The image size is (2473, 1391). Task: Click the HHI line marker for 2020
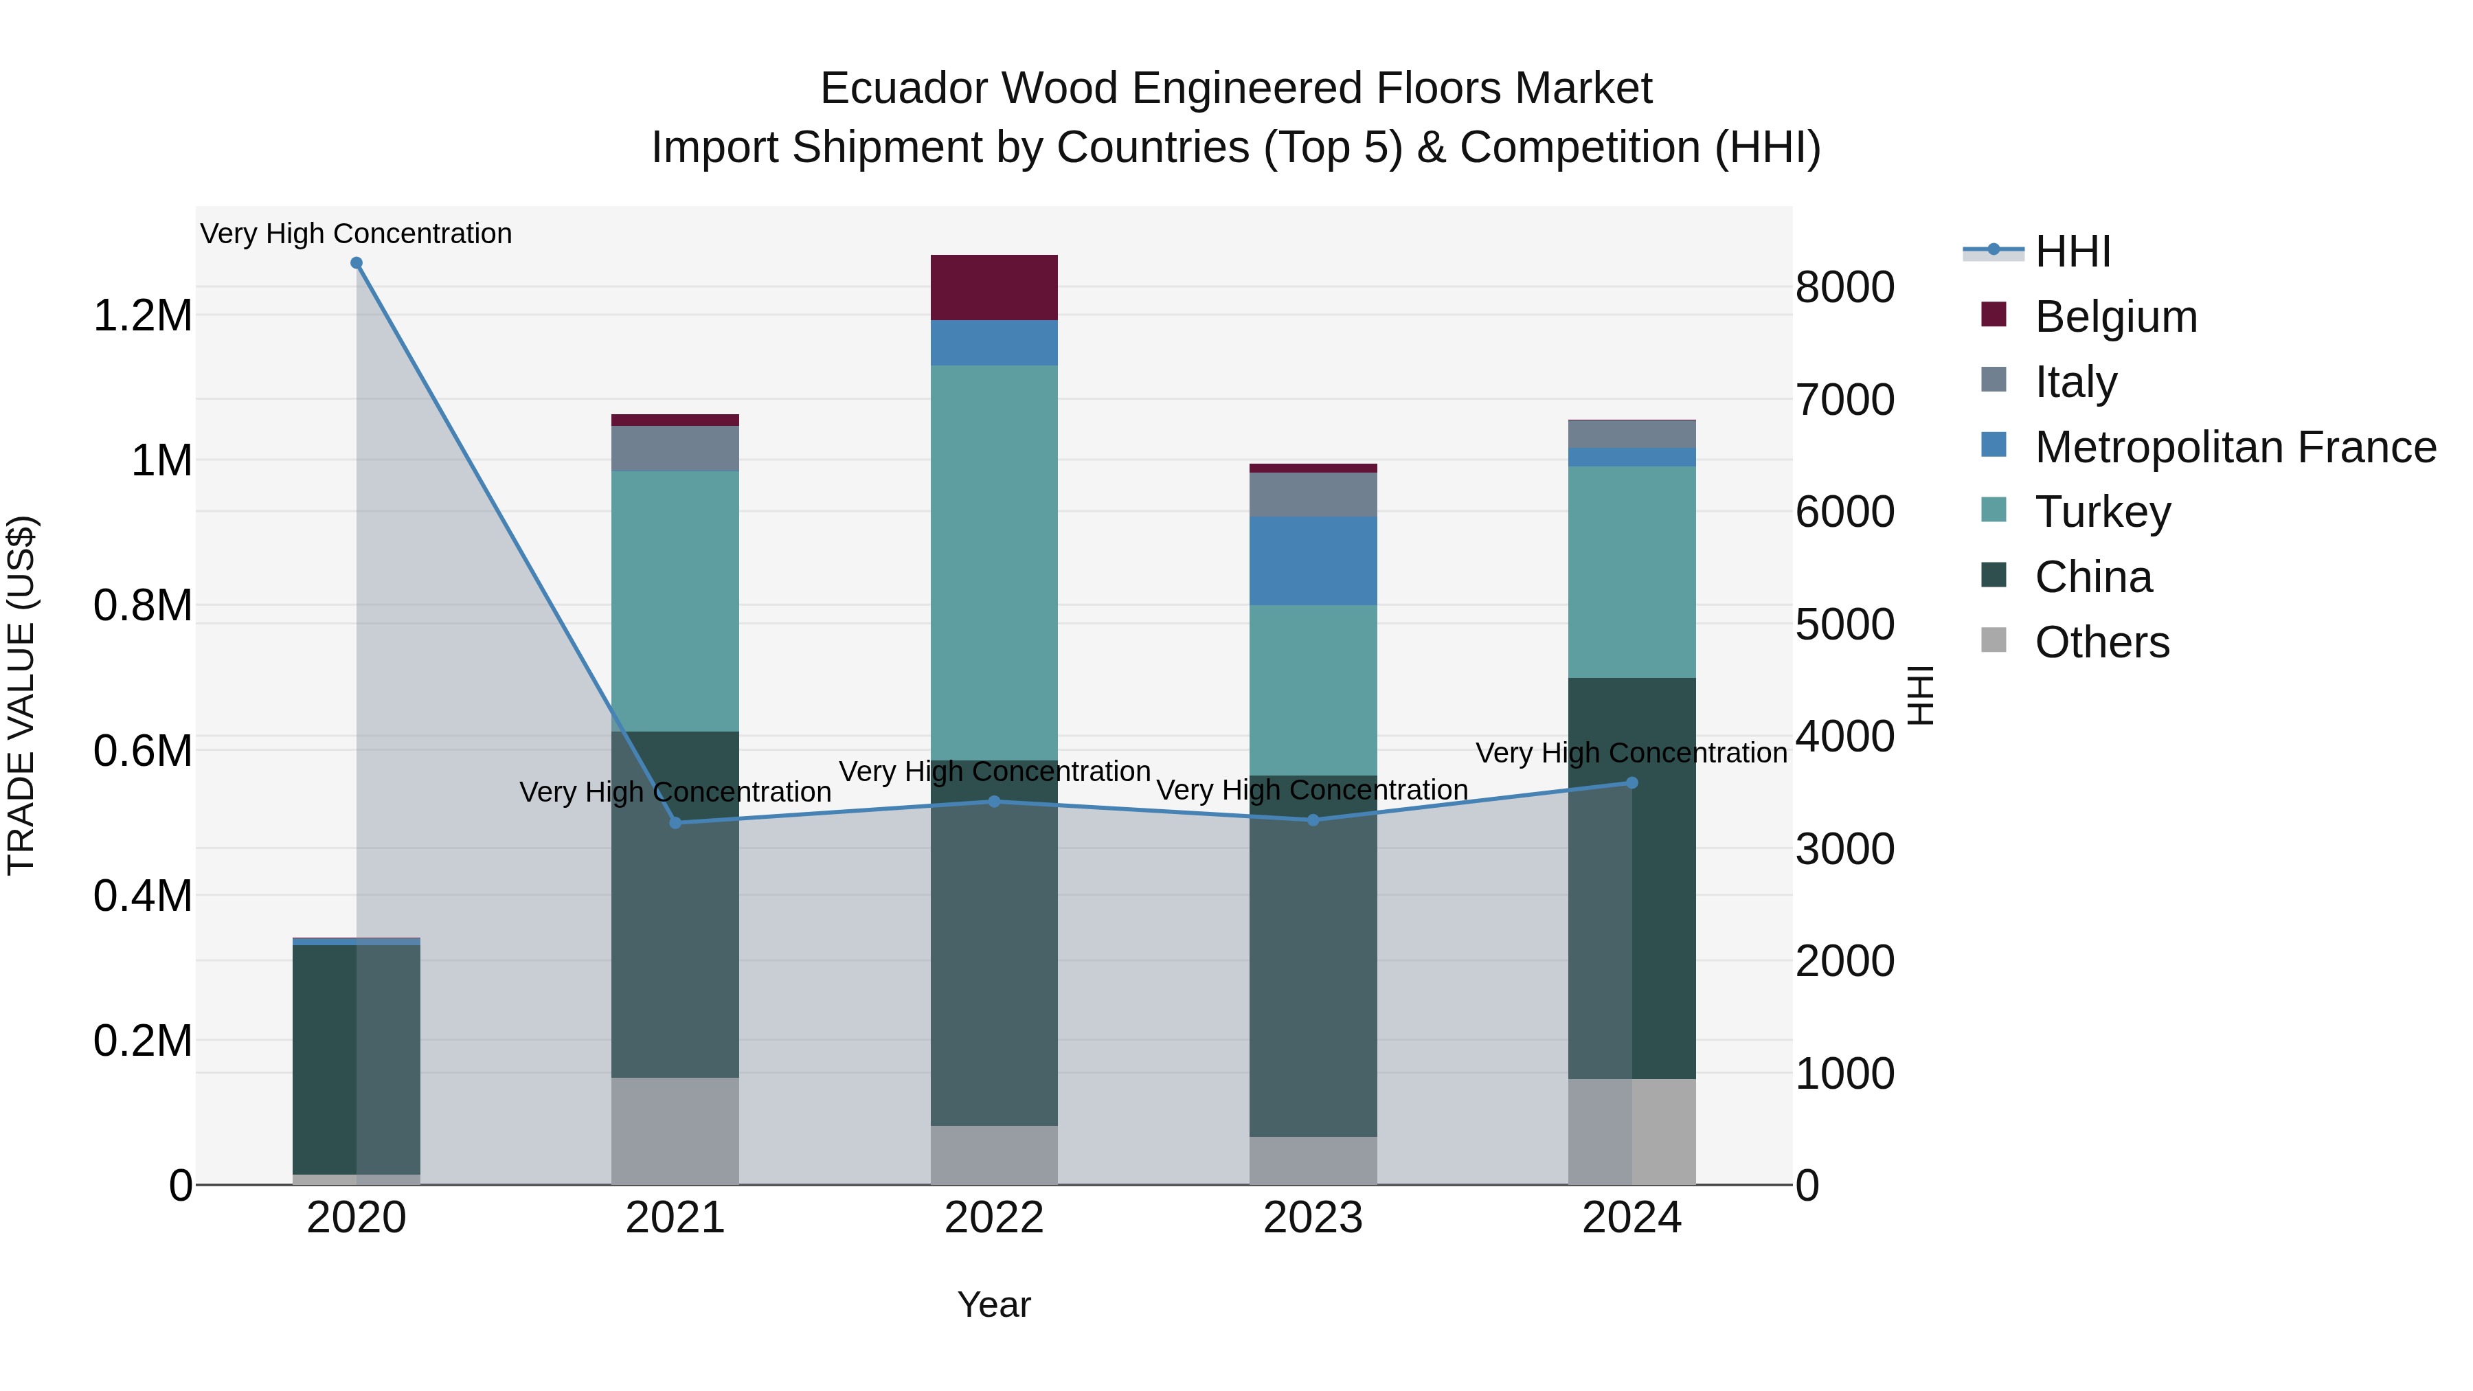[356, 263]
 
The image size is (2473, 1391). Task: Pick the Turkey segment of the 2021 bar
[675, 601]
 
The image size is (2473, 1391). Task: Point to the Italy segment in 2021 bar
[675, 449]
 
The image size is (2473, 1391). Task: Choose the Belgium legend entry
[2115, 317]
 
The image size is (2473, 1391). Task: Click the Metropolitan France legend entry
[2234, 447]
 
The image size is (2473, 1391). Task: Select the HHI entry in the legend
[2072, 251]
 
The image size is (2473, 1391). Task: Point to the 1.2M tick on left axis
[142, 316]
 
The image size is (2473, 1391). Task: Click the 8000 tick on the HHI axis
[1844, 287]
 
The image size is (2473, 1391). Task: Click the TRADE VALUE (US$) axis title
[21, 695]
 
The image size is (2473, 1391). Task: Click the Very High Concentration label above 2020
[356, 234]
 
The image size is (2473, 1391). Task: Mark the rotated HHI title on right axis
[1920, 695]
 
